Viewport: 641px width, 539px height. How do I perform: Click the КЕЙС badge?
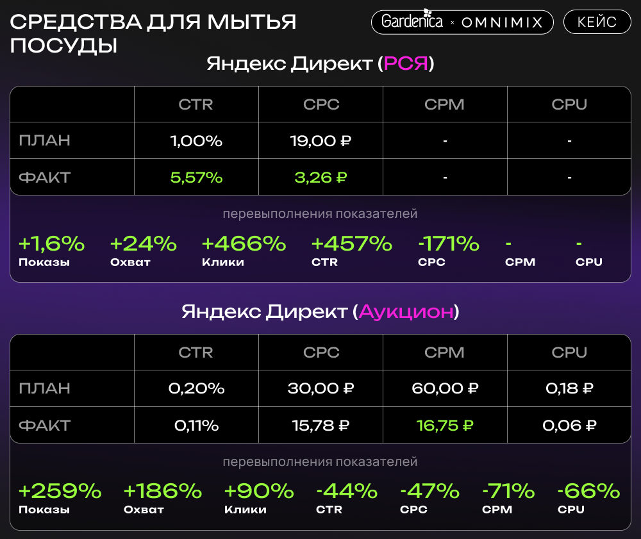[597, 22]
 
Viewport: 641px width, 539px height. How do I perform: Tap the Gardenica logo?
[412, 22]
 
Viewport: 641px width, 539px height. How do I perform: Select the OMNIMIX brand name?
[502, 22]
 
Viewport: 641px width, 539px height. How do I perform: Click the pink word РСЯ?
[405, 64]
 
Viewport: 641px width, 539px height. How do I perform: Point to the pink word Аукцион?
[406, 312]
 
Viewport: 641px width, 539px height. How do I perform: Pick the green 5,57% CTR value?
[196, 178]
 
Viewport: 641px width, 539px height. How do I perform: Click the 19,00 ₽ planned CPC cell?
[320, 141]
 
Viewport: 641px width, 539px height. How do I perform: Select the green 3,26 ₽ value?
[320, 178]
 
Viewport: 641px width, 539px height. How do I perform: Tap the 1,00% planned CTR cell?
[196, 141]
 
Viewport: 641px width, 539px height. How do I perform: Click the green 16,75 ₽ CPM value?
[445, 425]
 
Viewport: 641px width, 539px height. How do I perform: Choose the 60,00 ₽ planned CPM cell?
[445, 388]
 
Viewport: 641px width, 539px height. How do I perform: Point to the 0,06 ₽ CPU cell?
[569, 425]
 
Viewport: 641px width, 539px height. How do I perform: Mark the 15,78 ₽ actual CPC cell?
[320, 425]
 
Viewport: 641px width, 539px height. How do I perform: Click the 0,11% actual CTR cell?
[196, 425]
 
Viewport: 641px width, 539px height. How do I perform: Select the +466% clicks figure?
[244, 244]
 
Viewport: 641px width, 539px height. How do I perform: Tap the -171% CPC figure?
[449, 244]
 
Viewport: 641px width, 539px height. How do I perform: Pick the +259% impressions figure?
[60, 492]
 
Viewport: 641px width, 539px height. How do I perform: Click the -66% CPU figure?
[588, 492]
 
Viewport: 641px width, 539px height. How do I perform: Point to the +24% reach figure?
[143, 244]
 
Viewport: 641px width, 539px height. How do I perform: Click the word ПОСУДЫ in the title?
[63, 46]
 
